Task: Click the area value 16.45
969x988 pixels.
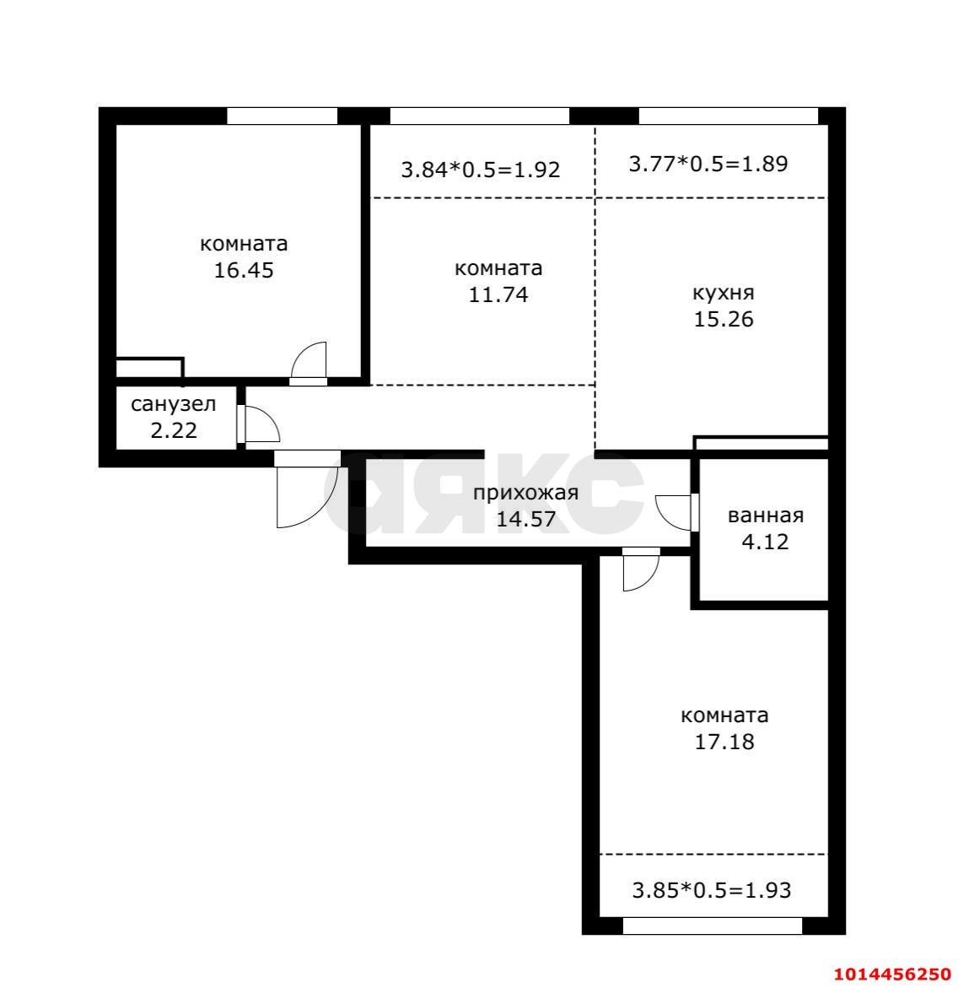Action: click(x=244, y=270)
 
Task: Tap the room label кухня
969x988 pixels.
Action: click(x=724, y=293)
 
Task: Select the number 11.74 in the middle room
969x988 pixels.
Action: click(x=498, y=294)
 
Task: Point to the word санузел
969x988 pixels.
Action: click(x=173, y=404)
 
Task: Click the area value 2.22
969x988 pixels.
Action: click(x=174, y=430)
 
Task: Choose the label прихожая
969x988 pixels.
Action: click(x=525, y=493)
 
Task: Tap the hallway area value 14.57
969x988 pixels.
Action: click(x=525, y=519)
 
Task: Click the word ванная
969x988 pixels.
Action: click(x=766, y=516)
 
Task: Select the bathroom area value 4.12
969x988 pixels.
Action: click(x=765, y=542)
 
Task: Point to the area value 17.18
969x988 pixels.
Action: click(x=724, y=742)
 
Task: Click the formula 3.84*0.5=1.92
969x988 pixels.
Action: click(x=481, y=170)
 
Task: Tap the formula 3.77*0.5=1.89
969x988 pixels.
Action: click(x=708, y=164)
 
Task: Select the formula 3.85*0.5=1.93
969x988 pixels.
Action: click(x=712, y=890)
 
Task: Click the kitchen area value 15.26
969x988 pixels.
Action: click(x=724, y=320)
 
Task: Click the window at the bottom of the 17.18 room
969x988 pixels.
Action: click(x=712, y=926)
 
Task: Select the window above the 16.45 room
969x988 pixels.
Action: click(x=282, y=116)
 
